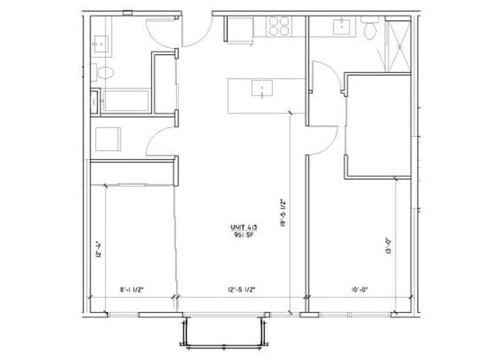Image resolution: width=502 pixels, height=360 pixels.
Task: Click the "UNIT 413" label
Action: tap(243, 226)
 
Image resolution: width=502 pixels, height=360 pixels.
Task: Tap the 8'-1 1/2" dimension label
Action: tap(132, 290)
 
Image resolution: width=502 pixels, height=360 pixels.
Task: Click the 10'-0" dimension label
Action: tap(359, 290)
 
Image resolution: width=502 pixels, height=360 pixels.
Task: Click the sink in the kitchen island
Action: tap(263, 90)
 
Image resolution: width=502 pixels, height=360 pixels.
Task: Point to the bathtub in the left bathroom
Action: tap(126, 101)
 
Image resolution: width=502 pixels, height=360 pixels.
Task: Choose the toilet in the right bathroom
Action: tap(370, 32)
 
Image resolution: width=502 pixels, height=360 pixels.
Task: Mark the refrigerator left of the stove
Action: tap(239, 28)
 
